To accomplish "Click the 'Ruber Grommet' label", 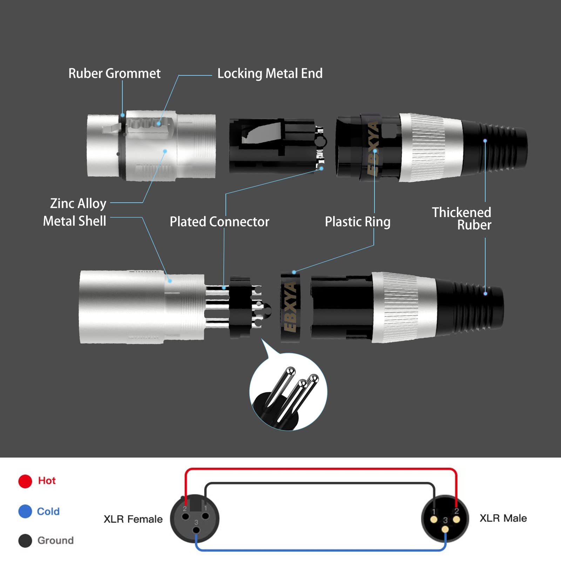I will point(114,74).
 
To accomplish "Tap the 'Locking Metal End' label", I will point(270,74).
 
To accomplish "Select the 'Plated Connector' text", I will point(219,222).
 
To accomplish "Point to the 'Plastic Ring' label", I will point(357,222).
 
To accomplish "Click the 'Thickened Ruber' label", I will point(462,218).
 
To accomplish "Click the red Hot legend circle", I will point(25,481).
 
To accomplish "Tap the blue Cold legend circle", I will point(25,511).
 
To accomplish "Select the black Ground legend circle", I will point(25,540).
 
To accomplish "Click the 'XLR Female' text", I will point(133,519).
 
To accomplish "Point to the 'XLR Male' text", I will point(503,518).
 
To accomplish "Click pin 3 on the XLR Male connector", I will point(445,529).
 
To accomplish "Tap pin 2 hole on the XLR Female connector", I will point(185,516).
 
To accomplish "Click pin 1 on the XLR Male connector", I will point(434,520).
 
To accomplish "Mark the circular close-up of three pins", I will point(288,392).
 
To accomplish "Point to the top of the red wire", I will point(321,469).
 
